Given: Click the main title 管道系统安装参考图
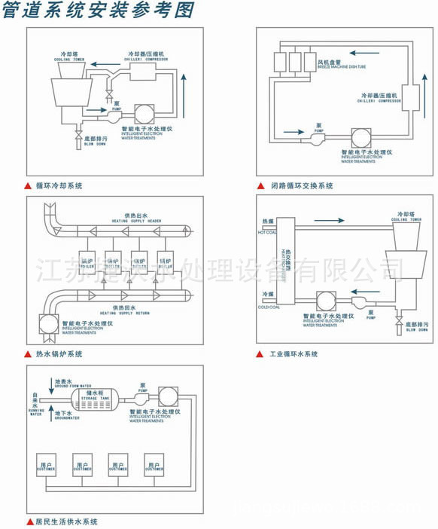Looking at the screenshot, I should (x=98, y=11).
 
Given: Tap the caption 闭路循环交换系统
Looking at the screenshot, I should (x=301, y=185).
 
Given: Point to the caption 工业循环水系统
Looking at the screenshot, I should (x=294, y=353).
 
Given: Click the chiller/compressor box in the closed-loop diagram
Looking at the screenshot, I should (x=411, y=100).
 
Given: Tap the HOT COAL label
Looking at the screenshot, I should (x=269, y=232).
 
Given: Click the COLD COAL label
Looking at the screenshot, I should (x=269, y=307).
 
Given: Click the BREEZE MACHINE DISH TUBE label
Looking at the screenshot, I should (x=340, y=66).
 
